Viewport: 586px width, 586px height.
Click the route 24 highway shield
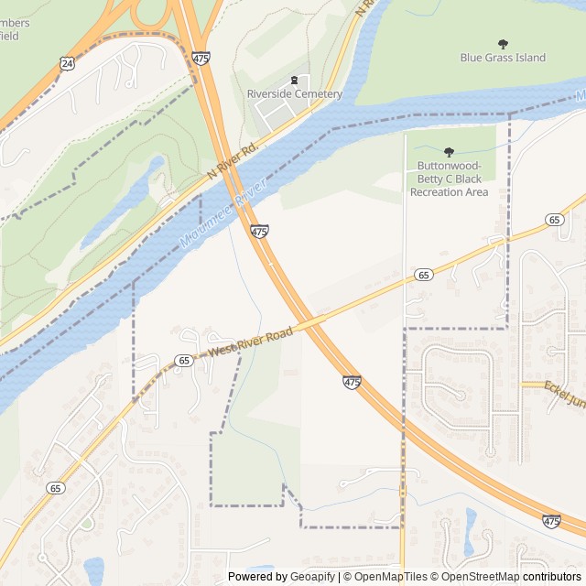67,63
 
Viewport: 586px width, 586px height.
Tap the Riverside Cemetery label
294,94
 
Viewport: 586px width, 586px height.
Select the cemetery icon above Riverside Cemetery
294,81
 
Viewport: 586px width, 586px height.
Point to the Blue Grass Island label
503,58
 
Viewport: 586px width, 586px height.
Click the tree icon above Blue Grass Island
503,43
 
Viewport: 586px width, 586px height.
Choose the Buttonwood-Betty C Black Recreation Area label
449,179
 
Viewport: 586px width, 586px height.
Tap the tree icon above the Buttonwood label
449,152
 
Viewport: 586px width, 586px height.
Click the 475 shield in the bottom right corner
551,521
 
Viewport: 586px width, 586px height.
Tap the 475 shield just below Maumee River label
259,233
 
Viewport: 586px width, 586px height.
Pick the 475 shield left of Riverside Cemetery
201,58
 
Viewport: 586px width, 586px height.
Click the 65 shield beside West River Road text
184,361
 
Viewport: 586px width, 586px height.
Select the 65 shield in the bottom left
56,488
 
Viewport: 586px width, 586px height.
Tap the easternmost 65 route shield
554,220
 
